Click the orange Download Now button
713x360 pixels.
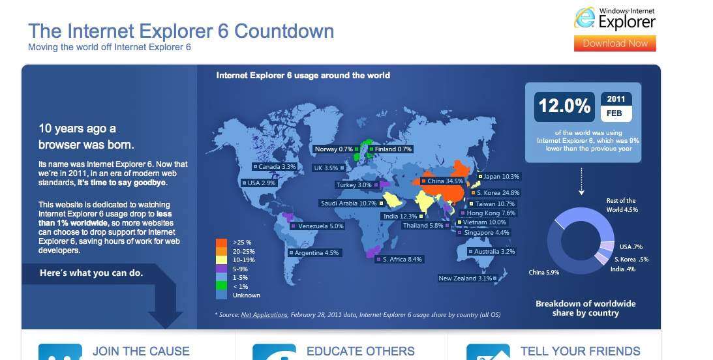(614, 44)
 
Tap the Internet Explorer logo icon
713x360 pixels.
(584, 18)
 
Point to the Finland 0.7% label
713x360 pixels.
(391, 149)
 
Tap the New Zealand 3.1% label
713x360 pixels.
(468, 278)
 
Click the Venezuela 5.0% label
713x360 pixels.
(318, 226)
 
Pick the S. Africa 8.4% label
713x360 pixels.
(399, 259)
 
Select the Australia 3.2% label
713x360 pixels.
(492, 251)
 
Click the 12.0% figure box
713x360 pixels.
(564, 107)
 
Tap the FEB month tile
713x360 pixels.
(616, 113)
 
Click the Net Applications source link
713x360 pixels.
(264, 314)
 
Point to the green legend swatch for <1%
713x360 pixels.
(221, 286)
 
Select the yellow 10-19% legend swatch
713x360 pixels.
(221, 260)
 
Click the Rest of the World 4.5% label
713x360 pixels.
(622, 205)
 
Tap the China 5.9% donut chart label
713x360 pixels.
(544, 272)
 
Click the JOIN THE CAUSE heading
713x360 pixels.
(141, 352)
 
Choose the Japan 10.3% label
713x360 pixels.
(499, 176)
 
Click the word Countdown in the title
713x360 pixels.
(284, 31)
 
